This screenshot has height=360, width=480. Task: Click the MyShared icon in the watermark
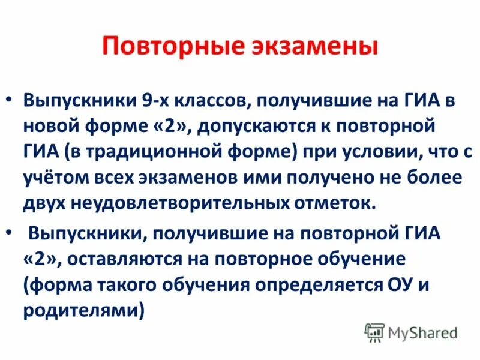374,331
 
